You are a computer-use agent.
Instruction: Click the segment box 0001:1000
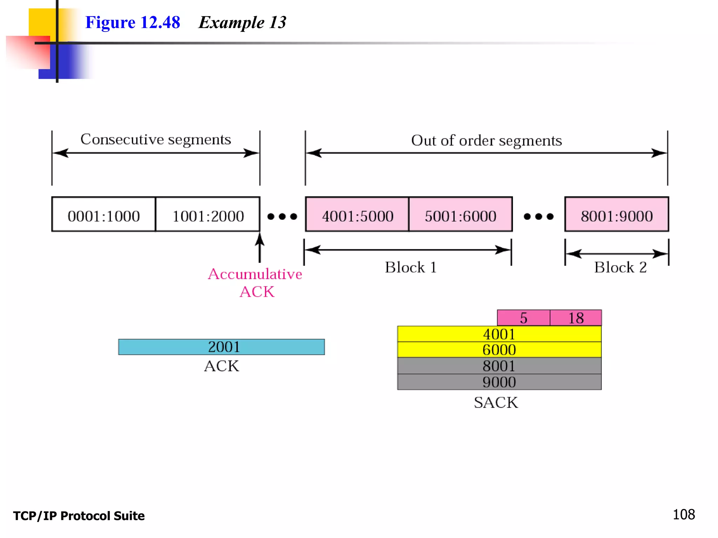point(103,215)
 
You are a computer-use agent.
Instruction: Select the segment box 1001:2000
point(208,215)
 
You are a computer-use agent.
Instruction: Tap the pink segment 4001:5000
point(357,215)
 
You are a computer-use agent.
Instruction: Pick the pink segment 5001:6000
point(460,215)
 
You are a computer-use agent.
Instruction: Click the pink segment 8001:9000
point(616,215)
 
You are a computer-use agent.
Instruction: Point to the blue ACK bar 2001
point(221,347)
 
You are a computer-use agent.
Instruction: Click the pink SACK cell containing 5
point(523,318)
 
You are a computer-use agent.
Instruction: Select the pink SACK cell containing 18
point(576,318)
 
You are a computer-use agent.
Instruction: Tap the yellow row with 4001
point(499,334)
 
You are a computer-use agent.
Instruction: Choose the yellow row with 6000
point(499,350)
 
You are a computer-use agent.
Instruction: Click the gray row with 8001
point(499,366)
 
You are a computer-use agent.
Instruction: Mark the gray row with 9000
point(499,382)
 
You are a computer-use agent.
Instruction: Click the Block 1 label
point(411,267)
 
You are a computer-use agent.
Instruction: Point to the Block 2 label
point(620,267)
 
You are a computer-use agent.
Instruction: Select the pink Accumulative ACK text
point(255,283)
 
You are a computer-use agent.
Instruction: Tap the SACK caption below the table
point(496,402)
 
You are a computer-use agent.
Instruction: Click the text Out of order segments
point(486,140)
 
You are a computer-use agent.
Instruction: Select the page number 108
point(683,514)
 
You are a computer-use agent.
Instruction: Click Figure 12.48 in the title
point(133,22)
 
